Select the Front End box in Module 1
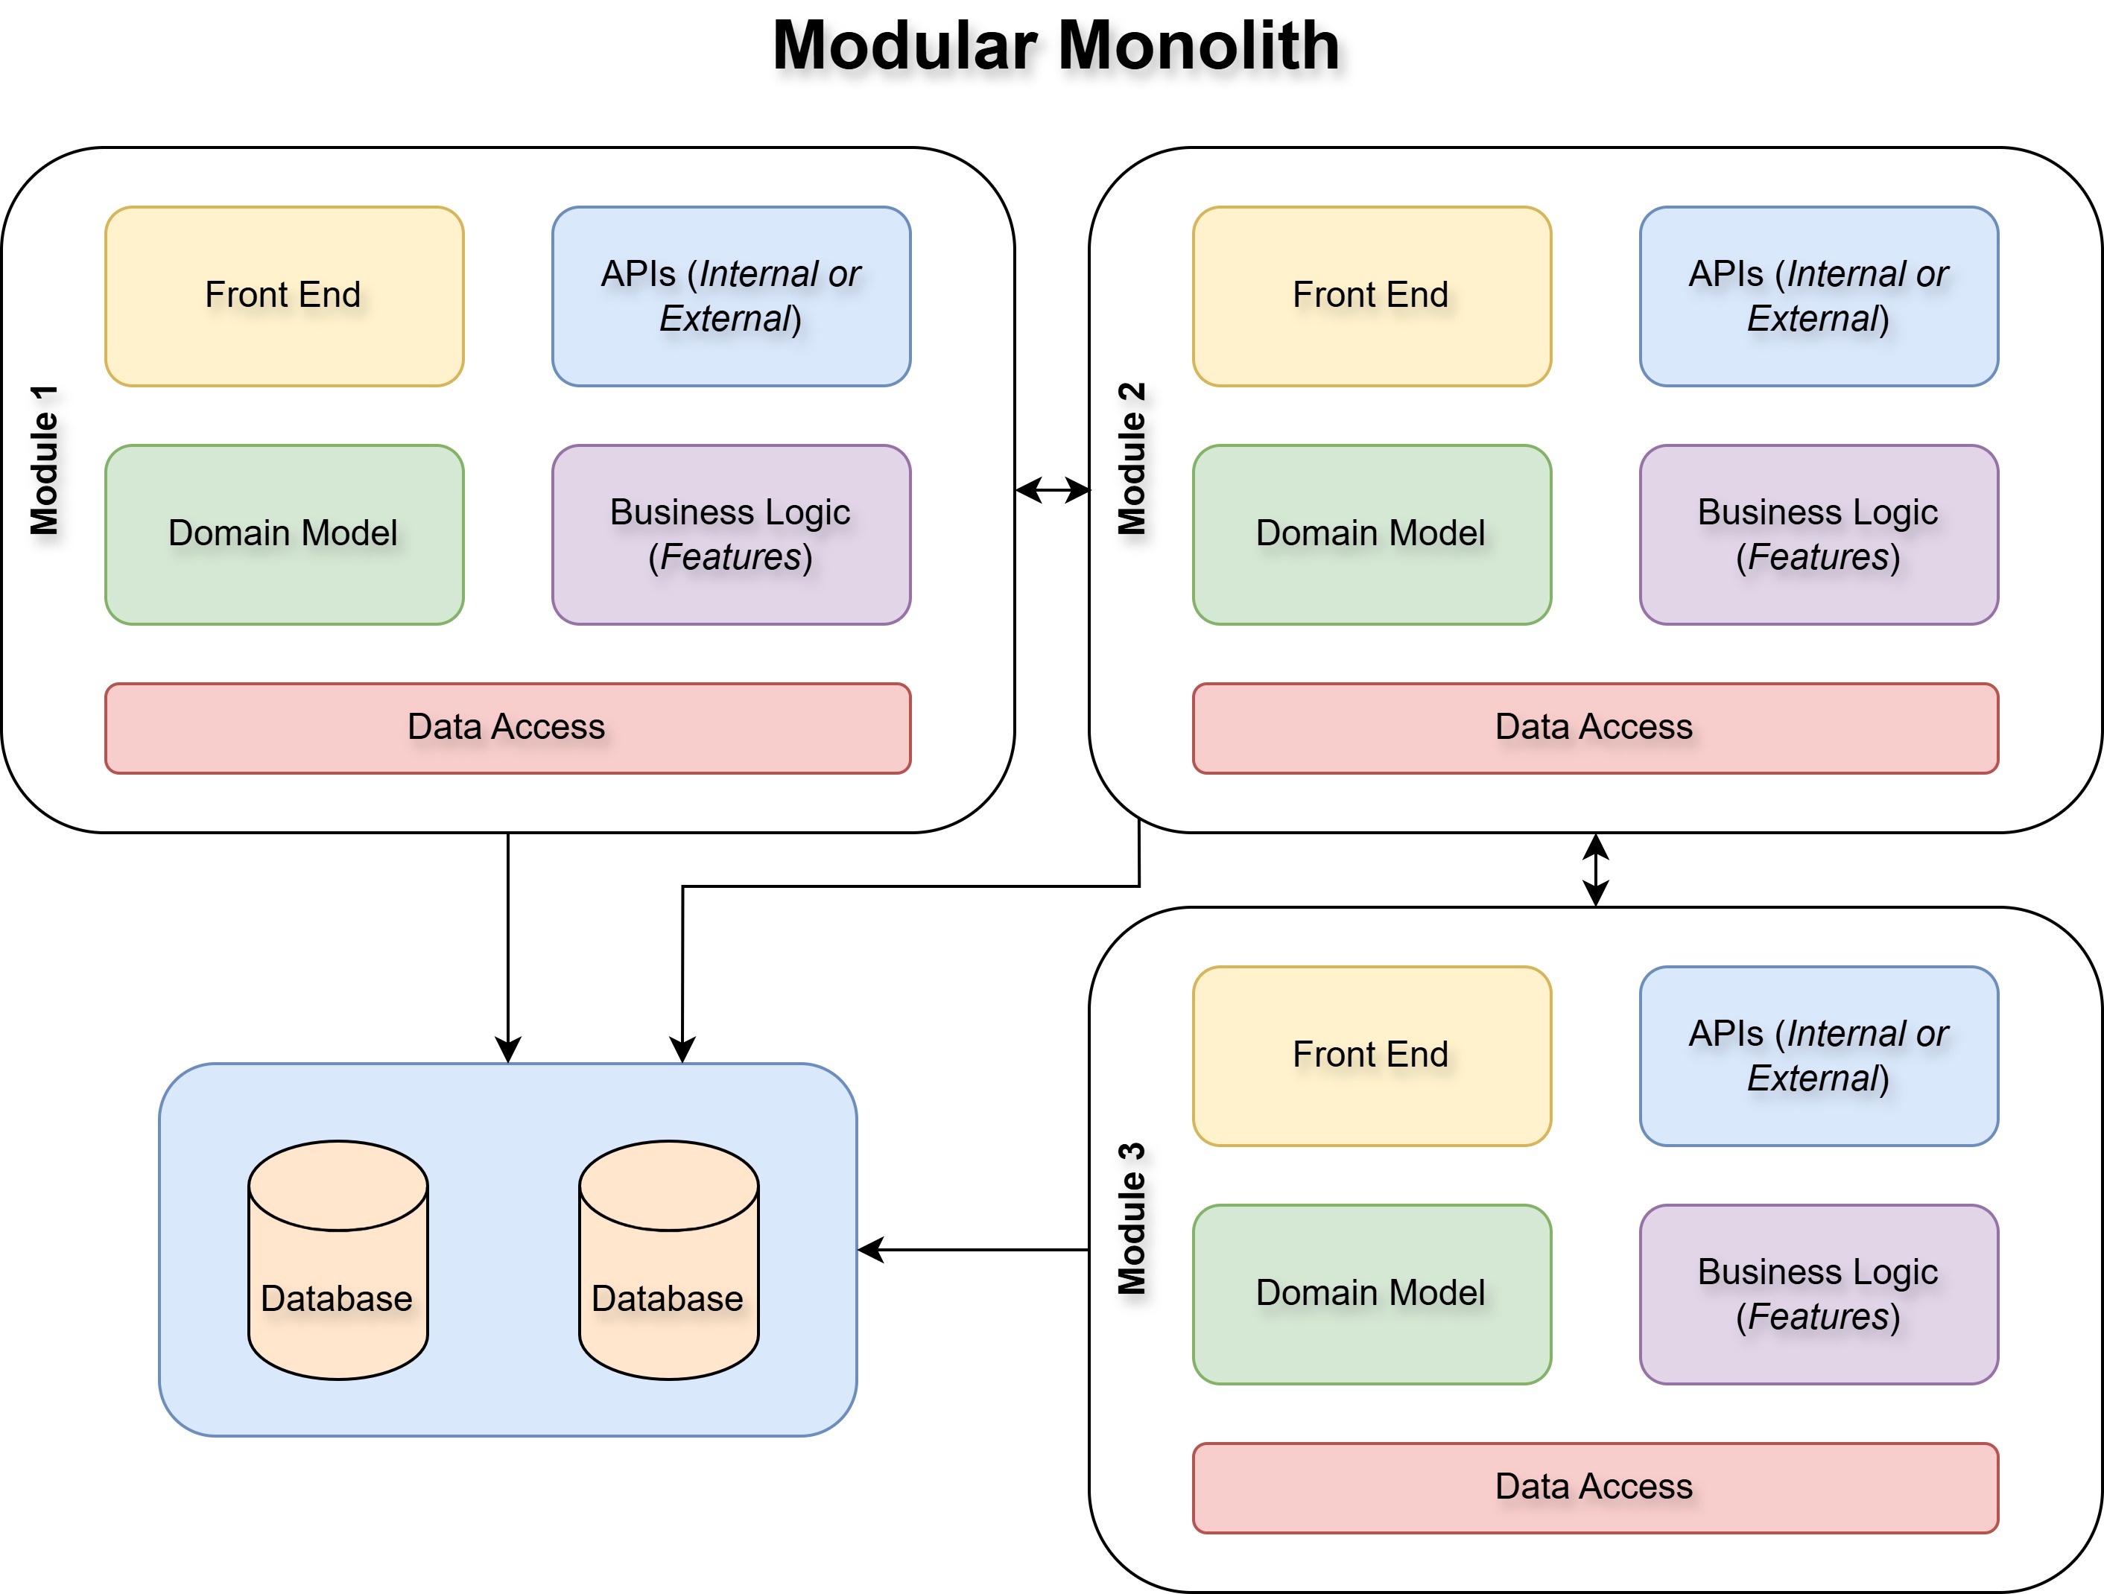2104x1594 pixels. click(x=283, y=296)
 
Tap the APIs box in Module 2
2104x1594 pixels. click(x=1818, y=296)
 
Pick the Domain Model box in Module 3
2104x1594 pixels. click(x=1371, y=1294)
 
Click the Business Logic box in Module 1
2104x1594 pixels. click(x=730, y=535)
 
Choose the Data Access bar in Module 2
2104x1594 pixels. click(x=1594, y=728)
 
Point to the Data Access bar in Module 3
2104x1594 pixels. click(x=1594, y=1487)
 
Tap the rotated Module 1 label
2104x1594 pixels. click(x=45, y=460)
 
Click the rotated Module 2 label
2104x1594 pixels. click(x=1132, y=460)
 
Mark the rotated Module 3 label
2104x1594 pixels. click(x=1132, y=1219)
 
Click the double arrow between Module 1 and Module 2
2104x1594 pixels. click(x=1052, y=490)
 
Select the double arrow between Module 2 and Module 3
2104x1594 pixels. click(x=1595, y=869)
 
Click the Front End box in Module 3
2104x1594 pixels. click(x=1371, y=1055)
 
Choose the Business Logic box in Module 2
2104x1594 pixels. click(x=1818, y=535)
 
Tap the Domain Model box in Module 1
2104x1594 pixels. click(x=283, y=535)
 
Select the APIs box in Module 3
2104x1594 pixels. click(x=1818, y=1055)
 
